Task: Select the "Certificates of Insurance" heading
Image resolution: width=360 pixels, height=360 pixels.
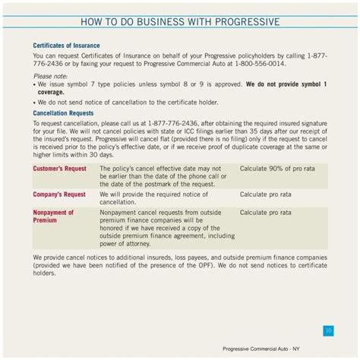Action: [x=66, y=46]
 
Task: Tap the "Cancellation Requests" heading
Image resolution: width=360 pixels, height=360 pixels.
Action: [x=64, y=113]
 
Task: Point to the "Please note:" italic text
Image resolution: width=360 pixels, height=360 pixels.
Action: [x=50, y=76]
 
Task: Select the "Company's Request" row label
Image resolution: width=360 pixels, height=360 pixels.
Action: [x=59, y=194]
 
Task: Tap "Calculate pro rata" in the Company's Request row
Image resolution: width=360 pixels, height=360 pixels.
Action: [x=266, y=194]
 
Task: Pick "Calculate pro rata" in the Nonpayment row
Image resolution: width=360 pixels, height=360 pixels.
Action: [x=266, y=213]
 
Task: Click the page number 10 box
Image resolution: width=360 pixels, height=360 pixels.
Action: [x=327, y=330]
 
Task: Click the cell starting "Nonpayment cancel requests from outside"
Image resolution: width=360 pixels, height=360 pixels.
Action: [x=159, y=228]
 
